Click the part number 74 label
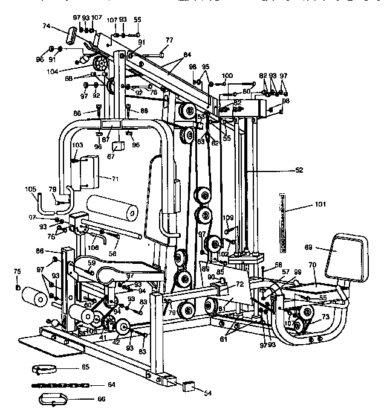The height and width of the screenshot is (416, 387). click(46, 27)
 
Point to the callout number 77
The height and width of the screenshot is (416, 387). click(169, 40)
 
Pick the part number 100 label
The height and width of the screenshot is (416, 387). click(227, 75)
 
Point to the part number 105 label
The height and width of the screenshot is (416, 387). click(31, 188)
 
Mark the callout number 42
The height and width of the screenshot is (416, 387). click(116, 342)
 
